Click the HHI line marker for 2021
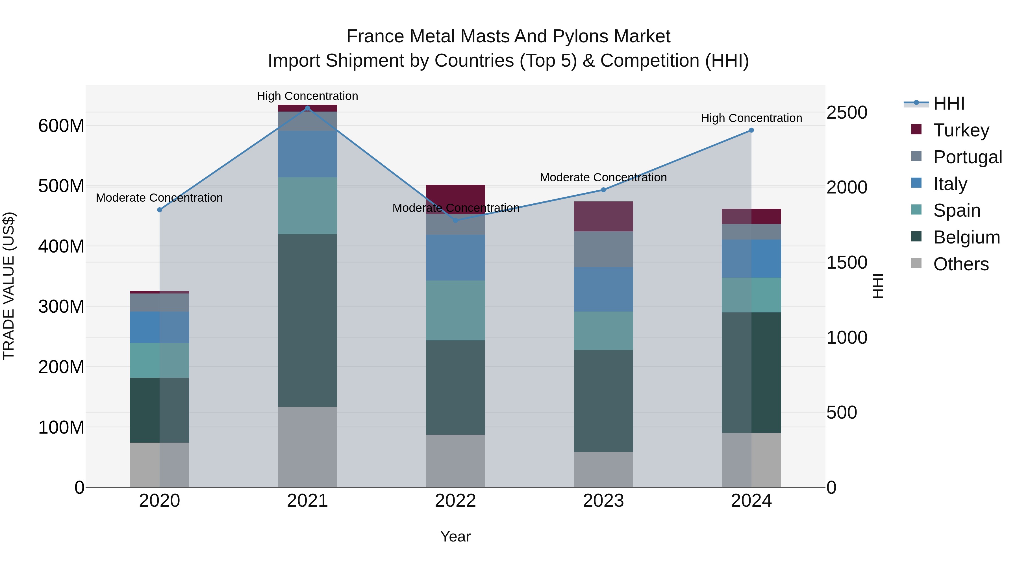(x=308, y=108)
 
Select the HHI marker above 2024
(x=751, y=130)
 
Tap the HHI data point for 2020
(x=160, y=210)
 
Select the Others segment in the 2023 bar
(x=603, y=469)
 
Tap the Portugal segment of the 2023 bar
(x=603, y=249)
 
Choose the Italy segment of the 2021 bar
(x=308, y=154)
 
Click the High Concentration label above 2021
(x=308, y=96)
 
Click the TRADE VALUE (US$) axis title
(x=9, y=286)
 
